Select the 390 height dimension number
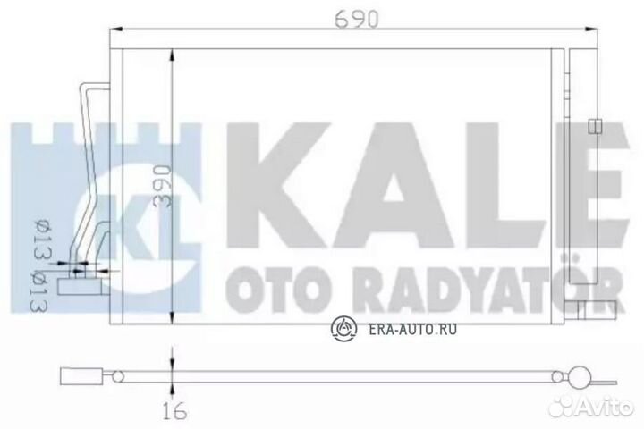point(158,185)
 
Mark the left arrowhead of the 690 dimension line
point(114,35)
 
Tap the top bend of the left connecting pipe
point(87,86)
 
